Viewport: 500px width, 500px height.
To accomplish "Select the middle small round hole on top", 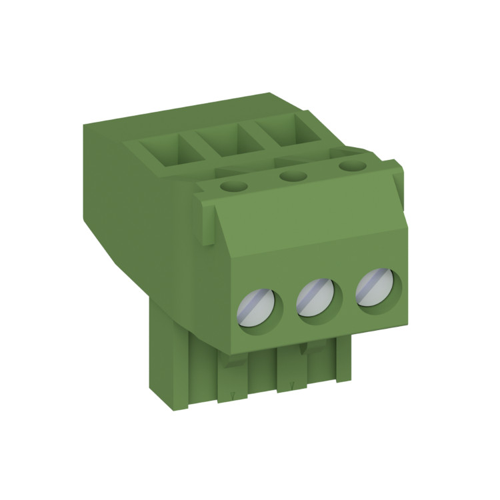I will click(292, 177).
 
